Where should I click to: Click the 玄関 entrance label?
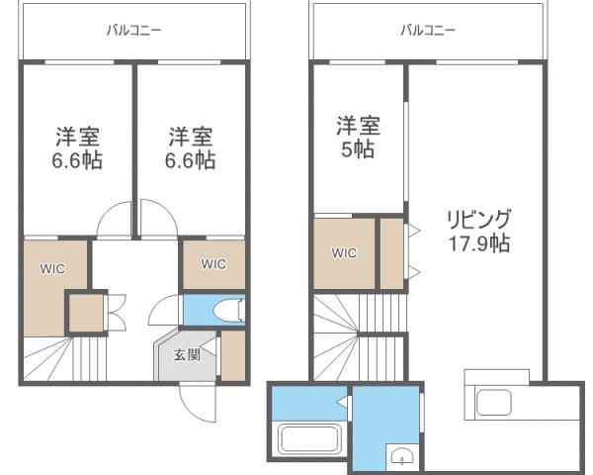pyautogui.click(x=188, y=354)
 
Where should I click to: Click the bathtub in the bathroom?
pyautogui.click(x=308, y=437)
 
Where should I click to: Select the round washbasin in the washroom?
pyautogui.click(x=400, y=455)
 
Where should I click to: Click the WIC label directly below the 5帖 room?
pyautogui.click(x=343, y=253)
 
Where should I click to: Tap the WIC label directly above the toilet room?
pyautogui.click(x=213, y=264)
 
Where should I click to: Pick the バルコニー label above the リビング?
pyautogui.click(x=428, y=31)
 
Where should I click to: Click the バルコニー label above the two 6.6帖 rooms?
pyautogui.click(x=133, y=31)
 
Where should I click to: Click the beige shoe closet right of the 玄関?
pyautogui.click(x=233, y=356)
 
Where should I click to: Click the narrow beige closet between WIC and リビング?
pyautogui.click(x=391, y=254)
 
